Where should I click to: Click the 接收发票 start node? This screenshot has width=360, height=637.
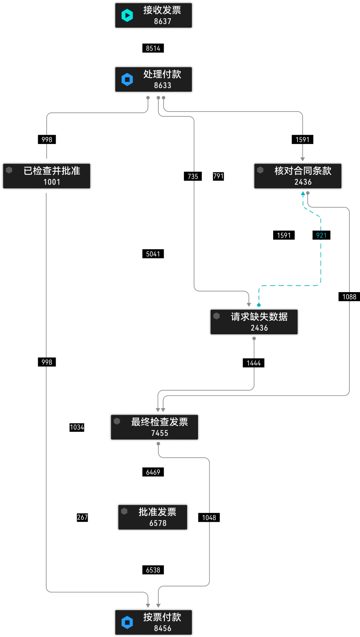tap(153, 15)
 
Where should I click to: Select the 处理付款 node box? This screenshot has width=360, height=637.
tap(153, 80)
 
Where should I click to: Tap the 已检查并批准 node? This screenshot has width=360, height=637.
tap(47, 176)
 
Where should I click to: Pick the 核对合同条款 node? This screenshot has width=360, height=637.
tap(298, 176)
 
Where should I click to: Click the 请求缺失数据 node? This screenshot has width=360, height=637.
tap(254, 322)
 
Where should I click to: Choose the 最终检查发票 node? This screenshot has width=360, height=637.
tap(155, 427)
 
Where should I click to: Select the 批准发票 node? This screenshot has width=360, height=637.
tap(153, 517)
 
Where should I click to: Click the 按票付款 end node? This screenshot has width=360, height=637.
tap(153, 622)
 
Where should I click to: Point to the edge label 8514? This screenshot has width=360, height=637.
tap(153, 48)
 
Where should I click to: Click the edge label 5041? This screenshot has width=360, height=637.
tap(153, 254)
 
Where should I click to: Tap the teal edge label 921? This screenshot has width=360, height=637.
tap(321, 235)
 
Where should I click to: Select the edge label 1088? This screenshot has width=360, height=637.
tap(349, 297)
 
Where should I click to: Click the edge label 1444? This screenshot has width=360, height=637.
tap(254, 363)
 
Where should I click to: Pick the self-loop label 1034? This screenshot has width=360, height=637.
tap(77, 427)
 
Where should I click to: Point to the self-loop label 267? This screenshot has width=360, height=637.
tap(82, 517)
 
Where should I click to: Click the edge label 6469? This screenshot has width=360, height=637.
tap(153, 472)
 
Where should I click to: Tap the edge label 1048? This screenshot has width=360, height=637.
tap(209, 518)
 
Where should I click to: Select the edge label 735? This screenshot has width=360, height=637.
tap(193, 176)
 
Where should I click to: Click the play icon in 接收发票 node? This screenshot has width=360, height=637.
tap(127, 15)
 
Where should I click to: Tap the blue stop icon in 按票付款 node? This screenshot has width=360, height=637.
tap(127, 622)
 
